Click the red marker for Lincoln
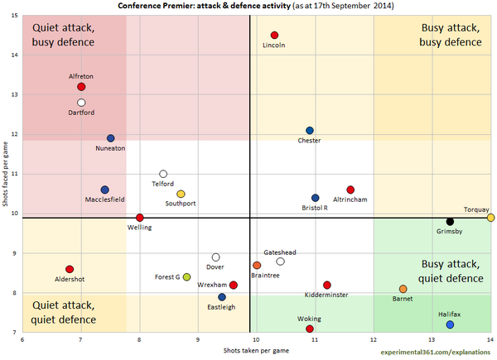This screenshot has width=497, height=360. point(274,35)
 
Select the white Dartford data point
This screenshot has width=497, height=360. point(81,103)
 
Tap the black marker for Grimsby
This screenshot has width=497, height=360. point(450,222)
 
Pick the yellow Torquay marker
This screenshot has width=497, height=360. point(491,218)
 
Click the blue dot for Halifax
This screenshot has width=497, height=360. point(450,325)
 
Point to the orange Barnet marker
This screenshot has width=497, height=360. point(403,290)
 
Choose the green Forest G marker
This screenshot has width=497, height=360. point(186,277)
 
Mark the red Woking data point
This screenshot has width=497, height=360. point(310,329)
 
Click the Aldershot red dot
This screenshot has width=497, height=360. point(70,270)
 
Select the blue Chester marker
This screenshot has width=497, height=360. point(310,131)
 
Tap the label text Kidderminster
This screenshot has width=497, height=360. point(326,295)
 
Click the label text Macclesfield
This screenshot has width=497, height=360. point(105,199)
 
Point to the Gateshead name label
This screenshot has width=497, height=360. point(279,252)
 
